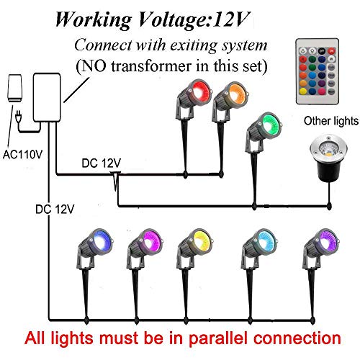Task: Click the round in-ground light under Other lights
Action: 328,157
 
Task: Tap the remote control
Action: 318,71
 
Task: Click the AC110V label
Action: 22,155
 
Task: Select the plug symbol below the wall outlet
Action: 18,117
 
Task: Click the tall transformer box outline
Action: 47,97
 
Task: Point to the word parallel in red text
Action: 218,339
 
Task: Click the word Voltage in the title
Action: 174,20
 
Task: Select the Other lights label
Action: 331,121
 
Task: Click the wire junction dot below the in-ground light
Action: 329,206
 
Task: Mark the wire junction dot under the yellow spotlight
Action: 186,320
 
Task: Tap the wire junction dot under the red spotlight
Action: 185,174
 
